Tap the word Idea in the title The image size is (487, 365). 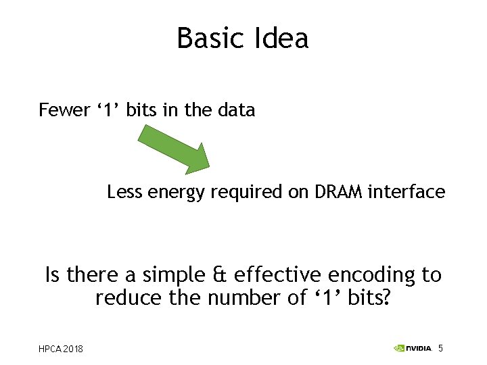(283, 38)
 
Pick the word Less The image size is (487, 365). (125, 192)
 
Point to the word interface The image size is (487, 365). (407, 192)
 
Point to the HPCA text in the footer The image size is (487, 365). (51, 349)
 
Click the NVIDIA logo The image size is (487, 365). (412, 348)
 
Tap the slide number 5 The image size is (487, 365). (440, 348)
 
